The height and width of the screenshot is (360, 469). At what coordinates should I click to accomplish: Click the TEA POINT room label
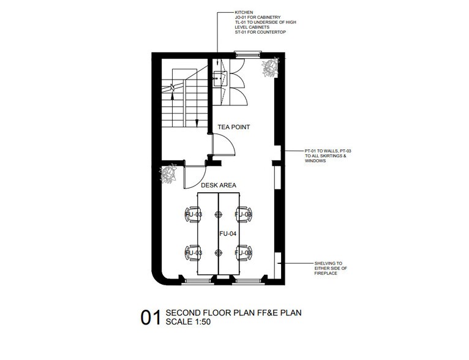point(234,127)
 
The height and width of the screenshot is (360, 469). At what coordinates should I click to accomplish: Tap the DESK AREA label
point(219,185)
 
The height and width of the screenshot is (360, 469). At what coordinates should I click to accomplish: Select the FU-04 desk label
point(228,233)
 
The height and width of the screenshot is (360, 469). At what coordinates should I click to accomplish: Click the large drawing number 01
point(151,318)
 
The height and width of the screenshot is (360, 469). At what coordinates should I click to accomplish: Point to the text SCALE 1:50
point(188,321)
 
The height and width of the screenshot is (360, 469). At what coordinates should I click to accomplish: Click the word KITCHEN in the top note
point(244,12)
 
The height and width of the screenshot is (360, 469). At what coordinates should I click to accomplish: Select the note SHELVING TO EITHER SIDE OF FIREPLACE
point(331,268)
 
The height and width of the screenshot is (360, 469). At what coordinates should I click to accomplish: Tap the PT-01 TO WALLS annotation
point(328,156)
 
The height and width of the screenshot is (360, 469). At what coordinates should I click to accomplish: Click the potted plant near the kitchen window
point(271,67)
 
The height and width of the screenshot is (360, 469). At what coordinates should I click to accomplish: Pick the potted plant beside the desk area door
point(168,174)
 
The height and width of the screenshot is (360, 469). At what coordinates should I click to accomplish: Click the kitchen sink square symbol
point(220,78)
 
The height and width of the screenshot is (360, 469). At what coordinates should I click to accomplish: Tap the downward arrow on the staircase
point(197,122)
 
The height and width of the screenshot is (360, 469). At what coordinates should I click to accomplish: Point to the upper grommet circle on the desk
point(219,214)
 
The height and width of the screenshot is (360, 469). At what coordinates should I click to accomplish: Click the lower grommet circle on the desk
point(219,253)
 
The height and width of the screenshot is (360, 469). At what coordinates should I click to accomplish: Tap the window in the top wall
point(247,54)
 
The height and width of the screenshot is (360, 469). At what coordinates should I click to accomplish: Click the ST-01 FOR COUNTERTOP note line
point(260,32)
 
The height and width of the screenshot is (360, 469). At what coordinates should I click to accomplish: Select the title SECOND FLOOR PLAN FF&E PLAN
point(234,313)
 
